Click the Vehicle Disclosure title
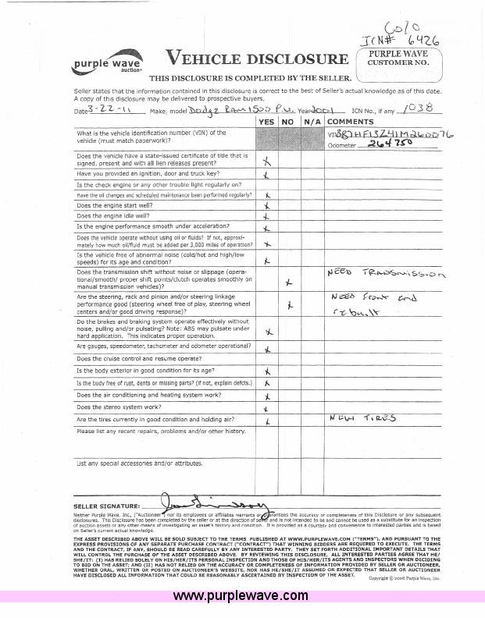(257, 59)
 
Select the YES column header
(266, 122)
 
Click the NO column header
(287, 122)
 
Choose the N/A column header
(311, 122)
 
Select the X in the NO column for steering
(289, 305)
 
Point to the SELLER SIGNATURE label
(108, 506)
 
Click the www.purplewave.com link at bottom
(240, 596)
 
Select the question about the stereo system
(120, 407)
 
